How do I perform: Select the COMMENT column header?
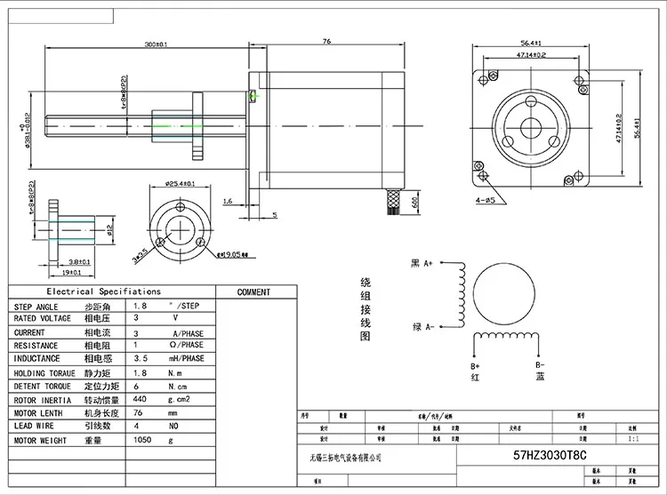click(x=253, y=291)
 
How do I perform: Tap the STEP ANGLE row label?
click(x=36, y=306)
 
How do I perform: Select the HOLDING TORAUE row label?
click(x=44, y=373)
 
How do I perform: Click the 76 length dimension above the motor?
click(x=325, y=41)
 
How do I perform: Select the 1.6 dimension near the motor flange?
click(x=229, y=202)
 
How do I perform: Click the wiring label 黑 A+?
click(x=421, y=263)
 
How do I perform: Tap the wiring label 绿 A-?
click(x=421, y=327)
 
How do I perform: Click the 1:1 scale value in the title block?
click(x=632, y=438)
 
